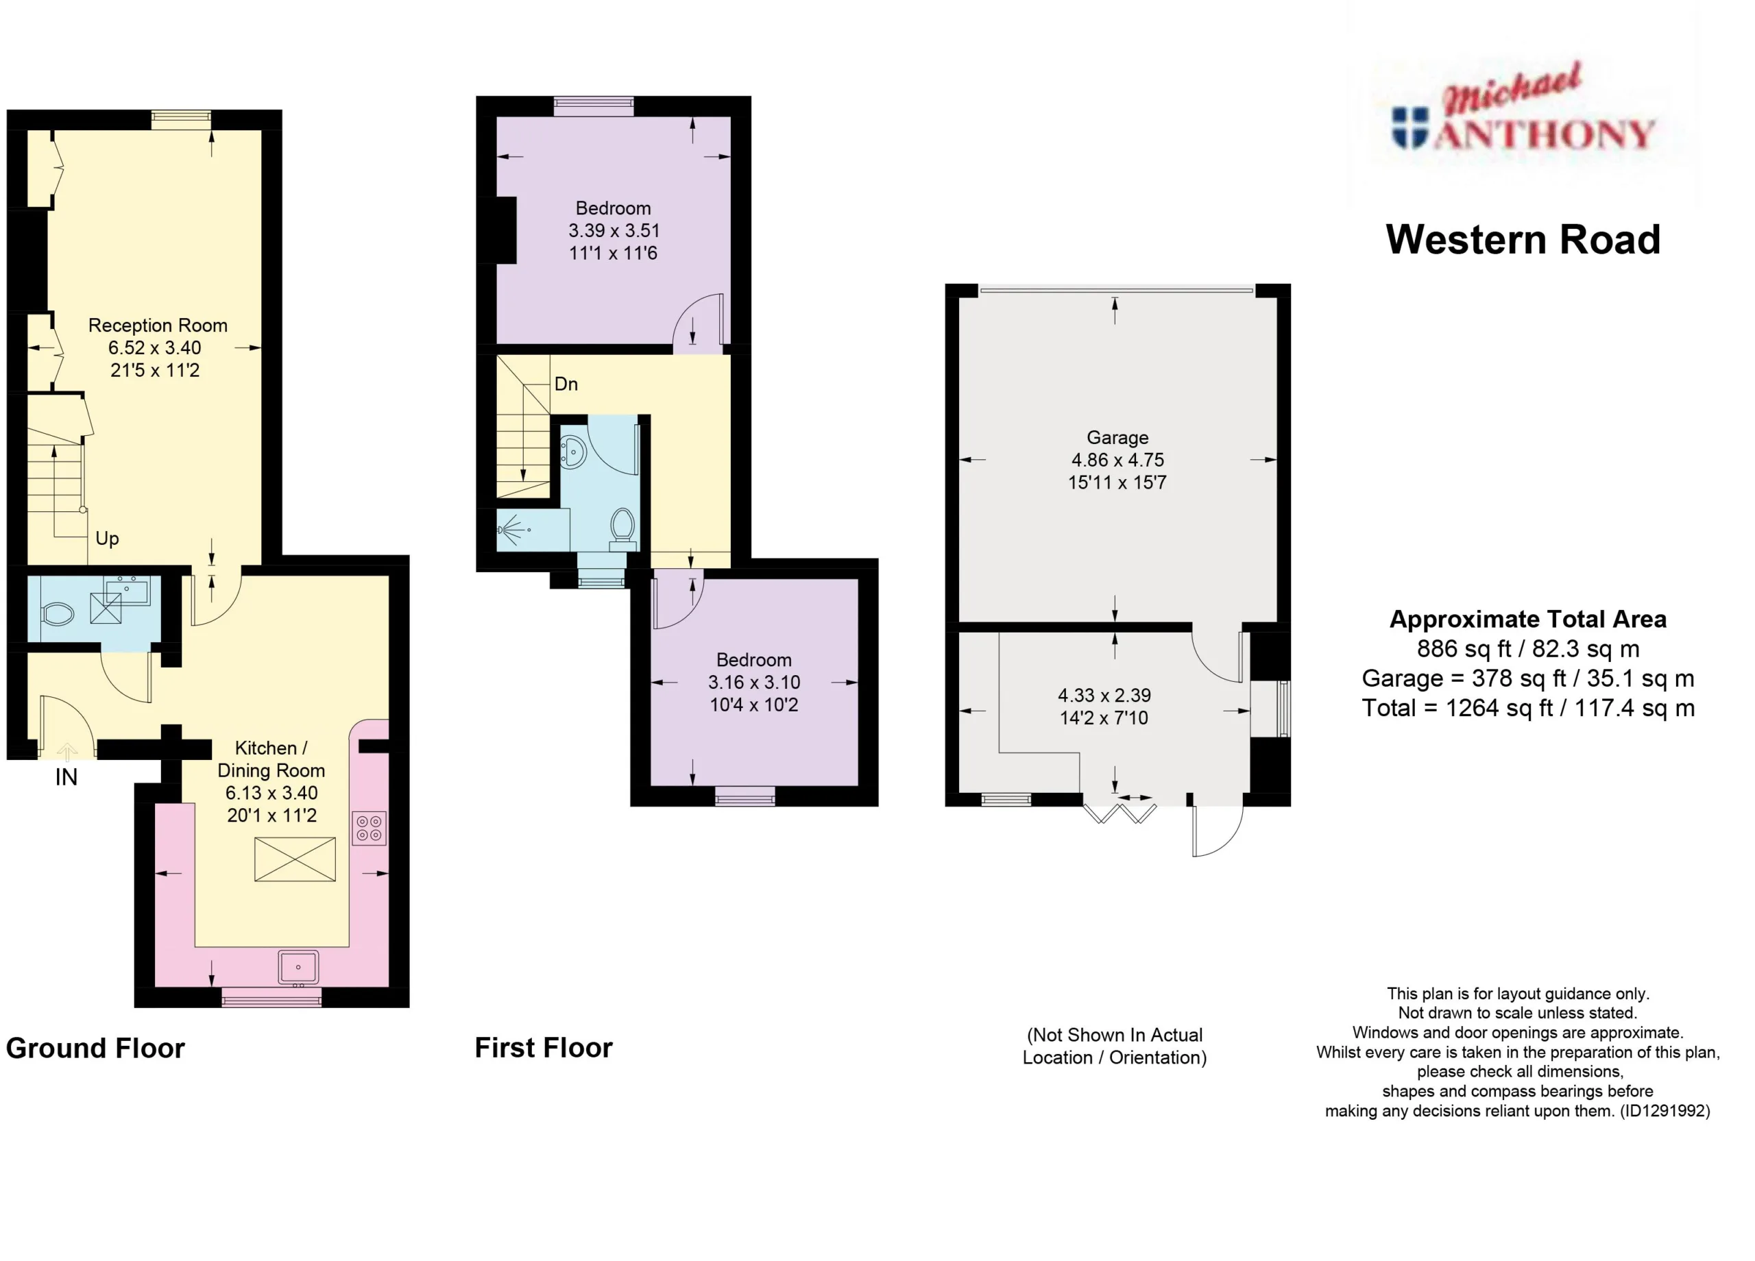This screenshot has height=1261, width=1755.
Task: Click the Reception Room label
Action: [158, 326]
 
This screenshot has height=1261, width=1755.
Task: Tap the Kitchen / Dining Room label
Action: [271, 759]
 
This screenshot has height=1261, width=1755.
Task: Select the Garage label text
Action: [1117, 438]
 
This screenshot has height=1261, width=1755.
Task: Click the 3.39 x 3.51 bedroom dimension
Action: [614, 230]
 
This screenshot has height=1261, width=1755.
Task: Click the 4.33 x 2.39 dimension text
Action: [1104, 696]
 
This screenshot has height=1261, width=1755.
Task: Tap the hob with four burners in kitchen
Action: [369, 828]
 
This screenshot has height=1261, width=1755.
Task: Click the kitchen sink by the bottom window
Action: [298, 968]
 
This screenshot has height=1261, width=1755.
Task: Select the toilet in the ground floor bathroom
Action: [58, 614]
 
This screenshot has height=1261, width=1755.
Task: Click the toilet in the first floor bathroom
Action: [623, 528]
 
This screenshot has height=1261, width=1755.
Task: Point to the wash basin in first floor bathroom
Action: [572, 452]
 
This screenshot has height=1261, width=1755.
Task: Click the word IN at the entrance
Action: [66, 776]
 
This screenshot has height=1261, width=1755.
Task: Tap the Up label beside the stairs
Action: [107, 539]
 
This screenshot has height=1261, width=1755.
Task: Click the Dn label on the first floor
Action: [566, 384]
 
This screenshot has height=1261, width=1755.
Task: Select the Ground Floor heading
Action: [95, 1049]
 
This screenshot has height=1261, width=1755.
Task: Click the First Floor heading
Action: [543, 1047]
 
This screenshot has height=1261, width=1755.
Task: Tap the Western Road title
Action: [1523, 239]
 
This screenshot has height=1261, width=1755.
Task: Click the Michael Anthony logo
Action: [1523, 116]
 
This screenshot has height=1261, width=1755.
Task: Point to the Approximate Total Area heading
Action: [1527, 619]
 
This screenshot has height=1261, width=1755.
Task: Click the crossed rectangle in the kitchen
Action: [295, 859]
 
